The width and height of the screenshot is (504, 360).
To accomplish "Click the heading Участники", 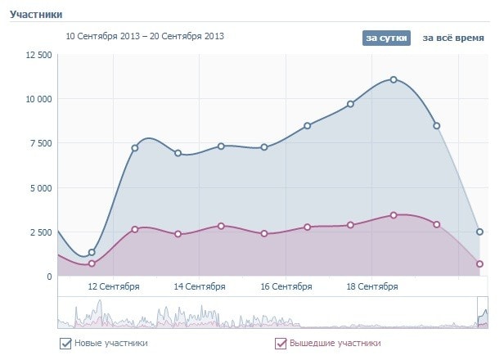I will click(36, 14).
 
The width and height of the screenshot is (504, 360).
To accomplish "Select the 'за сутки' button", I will click(386, 38).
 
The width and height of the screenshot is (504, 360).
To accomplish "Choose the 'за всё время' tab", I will click(453, 38).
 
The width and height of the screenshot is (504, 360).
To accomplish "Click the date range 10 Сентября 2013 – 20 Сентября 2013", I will click(145, 36).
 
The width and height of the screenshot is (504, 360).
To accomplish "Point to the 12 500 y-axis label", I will click(38, 55).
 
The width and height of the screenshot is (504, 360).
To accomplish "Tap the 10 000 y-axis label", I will click(38, 99).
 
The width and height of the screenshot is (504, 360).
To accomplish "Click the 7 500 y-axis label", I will click(41, 143).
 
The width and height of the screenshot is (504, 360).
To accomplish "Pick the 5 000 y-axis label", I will click(41, 188).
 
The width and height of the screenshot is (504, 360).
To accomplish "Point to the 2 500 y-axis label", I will click(41, 232).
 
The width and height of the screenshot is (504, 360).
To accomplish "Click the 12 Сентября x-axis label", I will click(113, 287).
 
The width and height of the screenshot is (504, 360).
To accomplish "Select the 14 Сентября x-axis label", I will click(200, 287).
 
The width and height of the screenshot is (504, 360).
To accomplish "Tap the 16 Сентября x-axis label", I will click(286, 287).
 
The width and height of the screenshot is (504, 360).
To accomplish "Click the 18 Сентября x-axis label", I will click(372, 287).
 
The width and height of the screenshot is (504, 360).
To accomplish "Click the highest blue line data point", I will click(394, 79).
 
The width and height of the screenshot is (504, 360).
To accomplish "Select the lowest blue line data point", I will click(92, 252).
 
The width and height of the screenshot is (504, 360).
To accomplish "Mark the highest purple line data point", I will click(394, 215).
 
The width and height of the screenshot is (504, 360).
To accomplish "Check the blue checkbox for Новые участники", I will click(65, 344).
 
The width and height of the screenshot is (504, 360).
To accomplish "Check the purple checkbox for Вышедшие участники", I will click(281, 344).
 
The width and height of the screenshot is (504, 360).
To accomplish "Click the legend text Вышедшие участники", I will click(335, 344).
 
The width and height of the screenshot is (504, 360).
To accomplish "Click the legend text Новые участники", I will click(110, 344).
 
